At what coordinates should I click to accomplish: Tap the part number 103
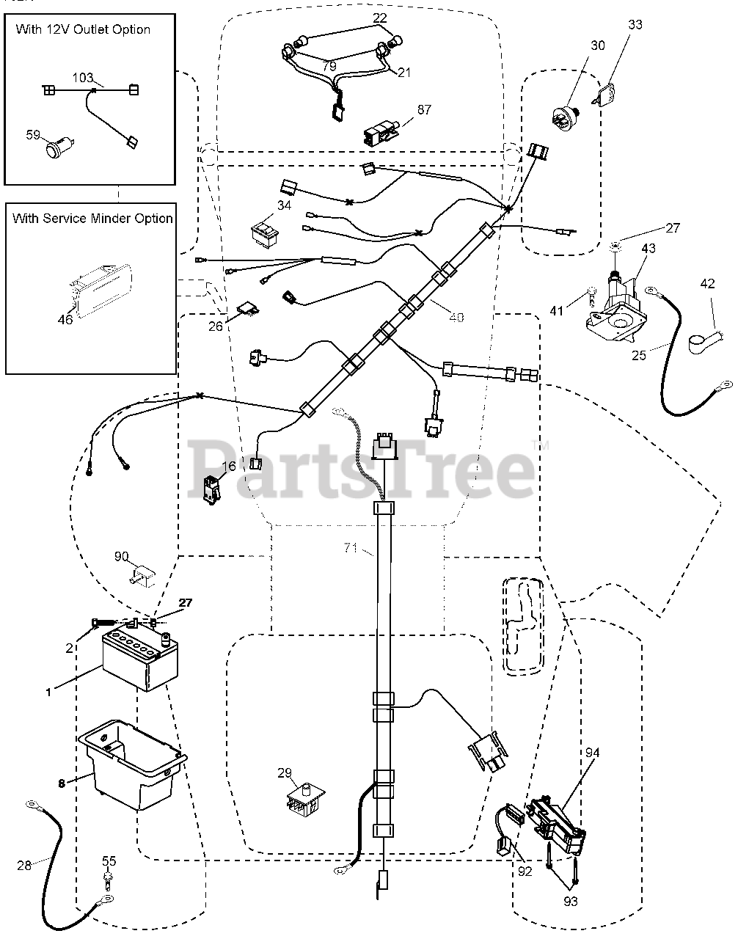[x=84, y=77]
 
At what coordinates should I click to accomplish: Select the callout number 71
[x=351, y=548]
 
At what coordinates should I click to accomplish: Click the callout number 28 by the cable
[x=24, y=865]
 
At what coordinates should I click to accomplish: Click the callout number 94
[x=592, y=753]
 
